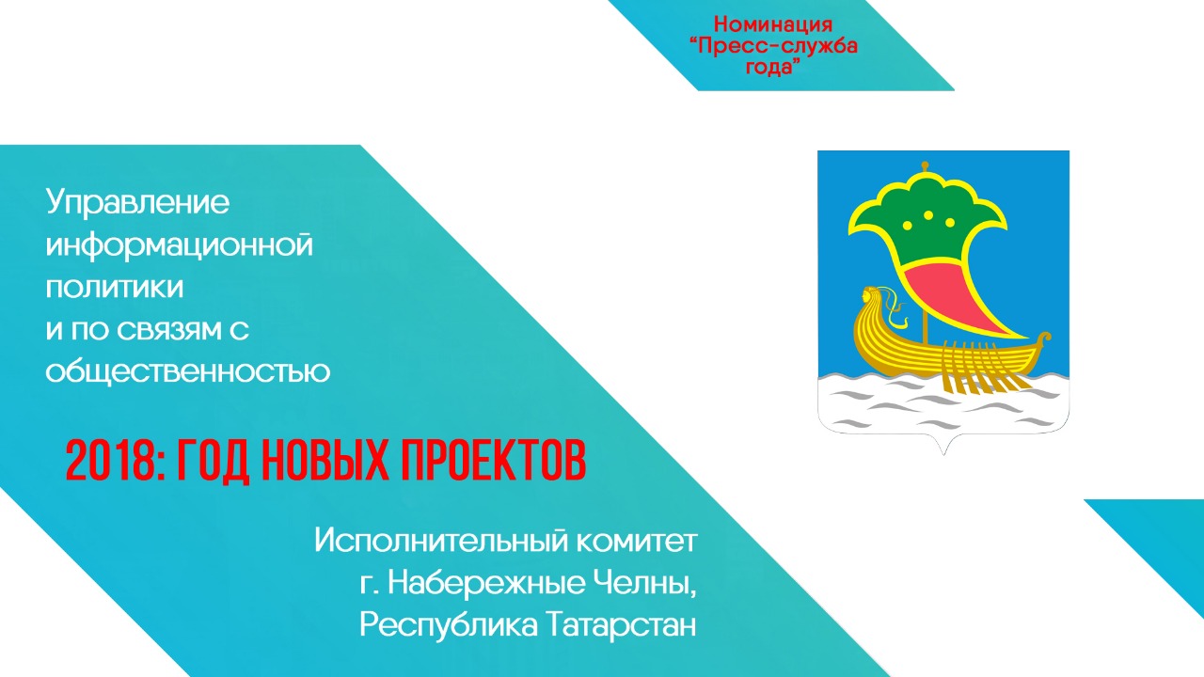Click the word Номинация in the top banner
click(773, 24)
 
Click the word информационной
click(180, 246)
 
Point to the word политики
click(115, 287)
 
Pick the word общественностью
click(188, 370)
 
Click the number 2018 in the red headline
click(112, 461)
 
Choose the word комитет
click(637, 541)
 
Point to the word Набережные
click(486, 582)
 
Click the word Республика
click(449, 626)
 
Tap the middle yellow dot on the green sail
click(928, 215)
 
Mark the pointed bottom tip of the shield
click(943, 454)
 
